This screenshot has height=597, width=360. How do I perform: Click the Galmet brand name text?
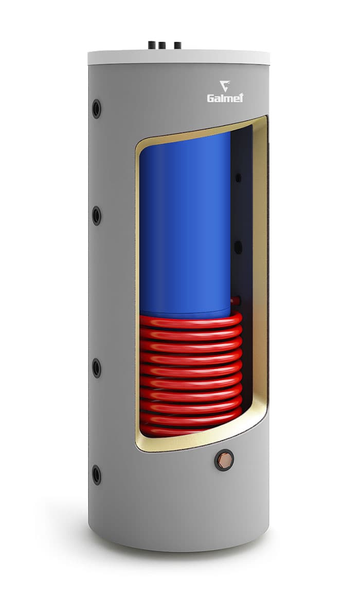click(225, 98)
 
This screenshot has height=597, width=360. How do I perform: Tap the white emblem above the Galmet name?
click(225, 86)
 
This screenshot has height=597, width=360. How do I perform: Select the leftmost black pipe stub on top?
click(152, 45)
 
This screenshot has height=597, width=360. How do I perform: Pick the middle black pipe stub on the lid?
click(161, 46)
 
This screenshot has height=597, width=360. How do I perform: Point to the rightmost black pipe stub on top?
click(177, 46)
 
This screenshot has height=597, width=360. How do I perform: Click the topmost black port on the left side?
click(97, 109)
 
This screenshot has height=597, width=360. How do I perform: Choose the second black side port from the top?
click(97, 216)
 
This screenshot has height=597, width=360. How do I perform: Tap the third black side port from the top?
click(97, 368)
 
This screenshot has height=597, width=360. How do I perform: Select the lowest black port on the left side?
click(97, 475)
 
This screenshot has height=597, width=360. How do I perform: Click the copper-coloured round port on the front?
click(224, 460)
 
